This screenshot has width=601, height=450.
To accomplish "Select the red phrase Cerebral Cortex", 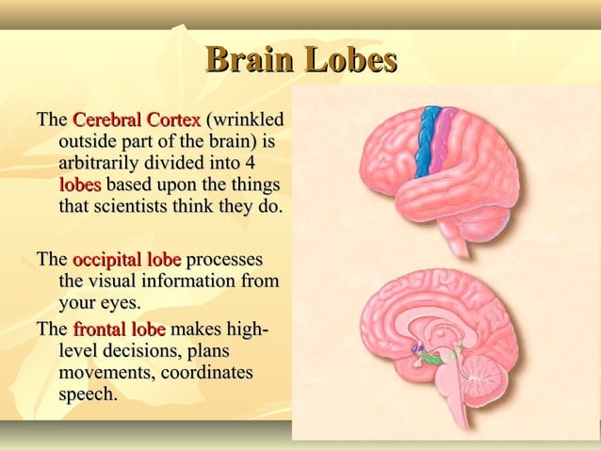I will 137,121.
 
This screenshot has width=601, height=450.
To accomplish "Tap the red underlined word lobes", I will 79,184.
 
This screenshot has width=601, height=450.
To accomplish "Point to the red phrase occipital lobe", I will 127,260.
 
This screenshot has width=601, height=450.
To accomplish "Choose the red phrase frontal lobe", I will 120,329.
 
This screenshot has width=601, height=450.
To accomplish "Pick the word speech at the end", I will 87,394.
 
